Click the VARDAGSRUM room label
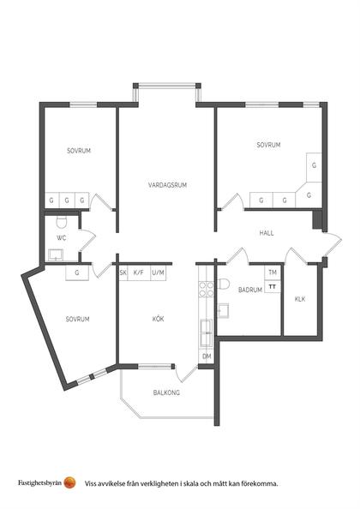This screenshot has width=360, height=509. coord(167,185)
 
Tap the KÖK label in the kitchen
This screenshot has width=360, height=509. coord(158,319)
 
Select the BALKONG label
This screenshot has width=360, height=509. coord(166,392)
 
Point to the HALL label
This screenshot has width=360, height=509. coord(267,233)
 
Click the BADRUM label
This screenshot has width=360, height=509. coord(250,290)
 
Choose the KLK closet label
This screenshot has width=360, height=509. coord(300,299)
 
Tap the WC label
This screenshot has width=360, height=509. coord(62,238)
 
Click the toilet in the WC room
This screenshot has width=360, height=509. coord(62,222)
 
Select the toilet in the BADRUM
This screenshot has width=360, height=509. coord(224,284)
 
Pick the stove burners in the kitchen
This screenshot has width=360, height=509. coord(207,290)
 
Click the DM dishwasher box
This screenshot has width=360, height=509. coord(207,356)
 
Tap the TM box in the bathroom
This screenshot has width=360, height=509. coord(273,272)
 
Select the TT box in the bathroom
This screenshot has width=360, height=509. coord(273,287)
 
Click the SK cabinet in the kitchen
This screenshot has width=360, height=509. coord(123,273)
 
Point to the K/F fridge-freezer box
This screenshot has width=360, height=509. coord(139,273)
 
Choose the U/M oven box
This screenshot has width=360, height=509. coord(158,273)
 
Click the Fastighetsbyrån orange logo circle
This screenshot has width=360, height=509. coord(69,482)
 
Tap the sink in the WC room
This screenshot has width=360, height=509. coord(57,255)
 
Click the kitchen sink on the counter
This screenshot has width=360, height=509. coord(206,332)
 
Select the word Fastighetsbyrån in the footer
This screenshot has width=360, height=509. coord(40,482)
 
